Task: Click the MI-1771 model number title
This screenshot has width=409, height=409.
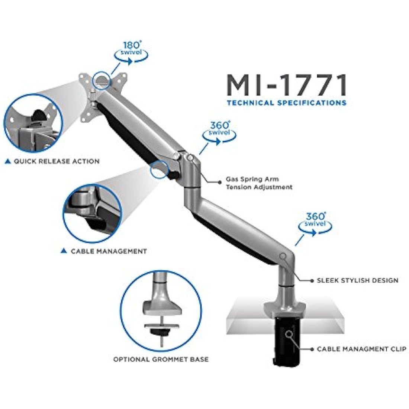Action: pyautogui.click(x=287, y=85)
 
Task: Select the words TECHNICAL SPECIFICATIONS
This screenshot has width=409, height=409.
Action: pyautogui.click(x=287, y=103)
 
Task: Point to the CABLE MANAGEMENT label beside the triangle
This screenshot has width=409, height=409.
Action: pyautogui.click(x=109, y=251)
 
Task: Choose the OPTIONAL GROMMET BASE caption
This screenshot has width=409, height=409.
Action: pyautogui.click(x=161, y=360)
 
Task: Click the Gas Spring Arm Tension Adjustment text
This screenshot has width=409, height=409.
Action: pyautogui.click(x=259, y=183)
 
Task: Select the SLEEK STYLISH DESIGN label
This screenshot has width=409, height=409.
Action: pyautogui.click(x=357, y=280)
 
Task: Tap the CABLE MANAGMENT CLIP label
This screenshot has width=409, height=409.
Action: pyautogui.click(x=361, y=349)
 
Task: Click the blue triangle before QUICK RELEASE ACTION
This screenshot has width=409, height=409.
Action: pyautogui.click(x=8, y=161)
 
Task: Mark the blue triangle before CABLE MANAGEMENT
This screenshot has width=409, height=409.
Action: pyautogui.click(x=64, y=251)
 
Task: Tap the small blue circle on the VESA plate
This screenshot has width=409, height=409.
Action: pyautogui.click(x=102, y=80)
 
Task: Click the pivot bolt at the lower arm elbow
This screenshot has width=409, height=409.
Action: pyautogui.click(x=283, y=257)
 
